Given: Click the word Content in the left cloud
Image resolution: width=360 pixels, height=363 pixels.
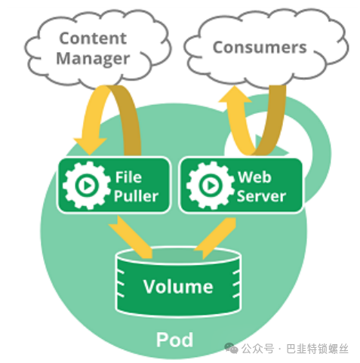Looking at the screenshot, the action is (93, 38).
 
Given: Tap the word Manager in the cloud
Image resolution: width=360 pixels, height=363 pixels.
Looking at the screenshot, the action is (93, 59).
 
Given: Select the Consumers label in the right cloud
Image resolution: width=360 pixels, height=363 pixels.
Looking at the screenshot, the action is (260, 48).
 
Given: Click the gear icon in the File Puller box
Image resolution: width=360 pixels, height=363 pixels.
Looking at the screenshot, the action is (87, 186).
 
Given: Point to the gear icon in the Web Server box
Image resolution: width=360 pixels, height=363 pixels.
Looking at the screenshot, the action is (211, 186).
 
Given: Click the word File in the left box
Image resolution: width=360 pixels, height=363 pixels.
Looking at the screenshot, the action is (128, 177).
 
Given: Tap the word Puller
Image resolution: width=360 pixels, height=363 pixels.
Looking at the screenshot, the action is (136, 195).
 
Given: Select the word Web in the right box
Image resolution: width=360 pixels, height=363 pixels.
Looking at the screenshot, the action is (254, 177).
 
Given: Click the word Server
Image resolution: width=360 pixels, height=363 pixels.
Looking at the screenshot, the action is (261, 196).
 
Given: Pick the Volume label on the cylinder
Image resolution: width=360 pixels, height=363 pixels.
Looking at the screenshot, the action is (178, 287).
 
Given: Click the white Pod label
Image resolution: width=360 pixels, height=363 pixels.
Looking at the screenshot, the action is (174, 340).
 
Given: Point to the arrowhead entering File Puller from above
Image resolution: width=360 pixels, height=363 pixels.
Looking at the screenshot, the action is (90, 146).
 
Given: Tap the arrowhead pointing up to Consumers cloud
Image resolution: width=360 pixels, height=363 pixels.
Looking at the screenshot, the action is (235, 94).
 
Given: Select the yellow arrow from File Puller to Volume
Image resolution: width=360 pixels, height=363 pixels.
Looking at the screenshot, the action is (131, 237).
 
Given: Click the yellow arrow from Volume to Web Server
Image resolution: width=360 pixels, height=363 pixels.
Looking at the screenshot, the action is (216, 238).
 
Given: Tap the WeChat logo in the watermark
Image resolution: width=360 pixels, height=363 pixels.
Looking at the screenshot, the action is (231, 349).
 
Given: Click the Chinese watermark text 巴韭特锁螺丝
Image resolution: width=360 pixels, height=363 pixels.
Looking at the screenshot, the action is (317, 349).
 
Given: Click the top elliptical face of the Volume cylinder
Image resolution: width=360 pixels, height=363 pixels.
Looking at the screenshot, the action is (178, 256).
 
